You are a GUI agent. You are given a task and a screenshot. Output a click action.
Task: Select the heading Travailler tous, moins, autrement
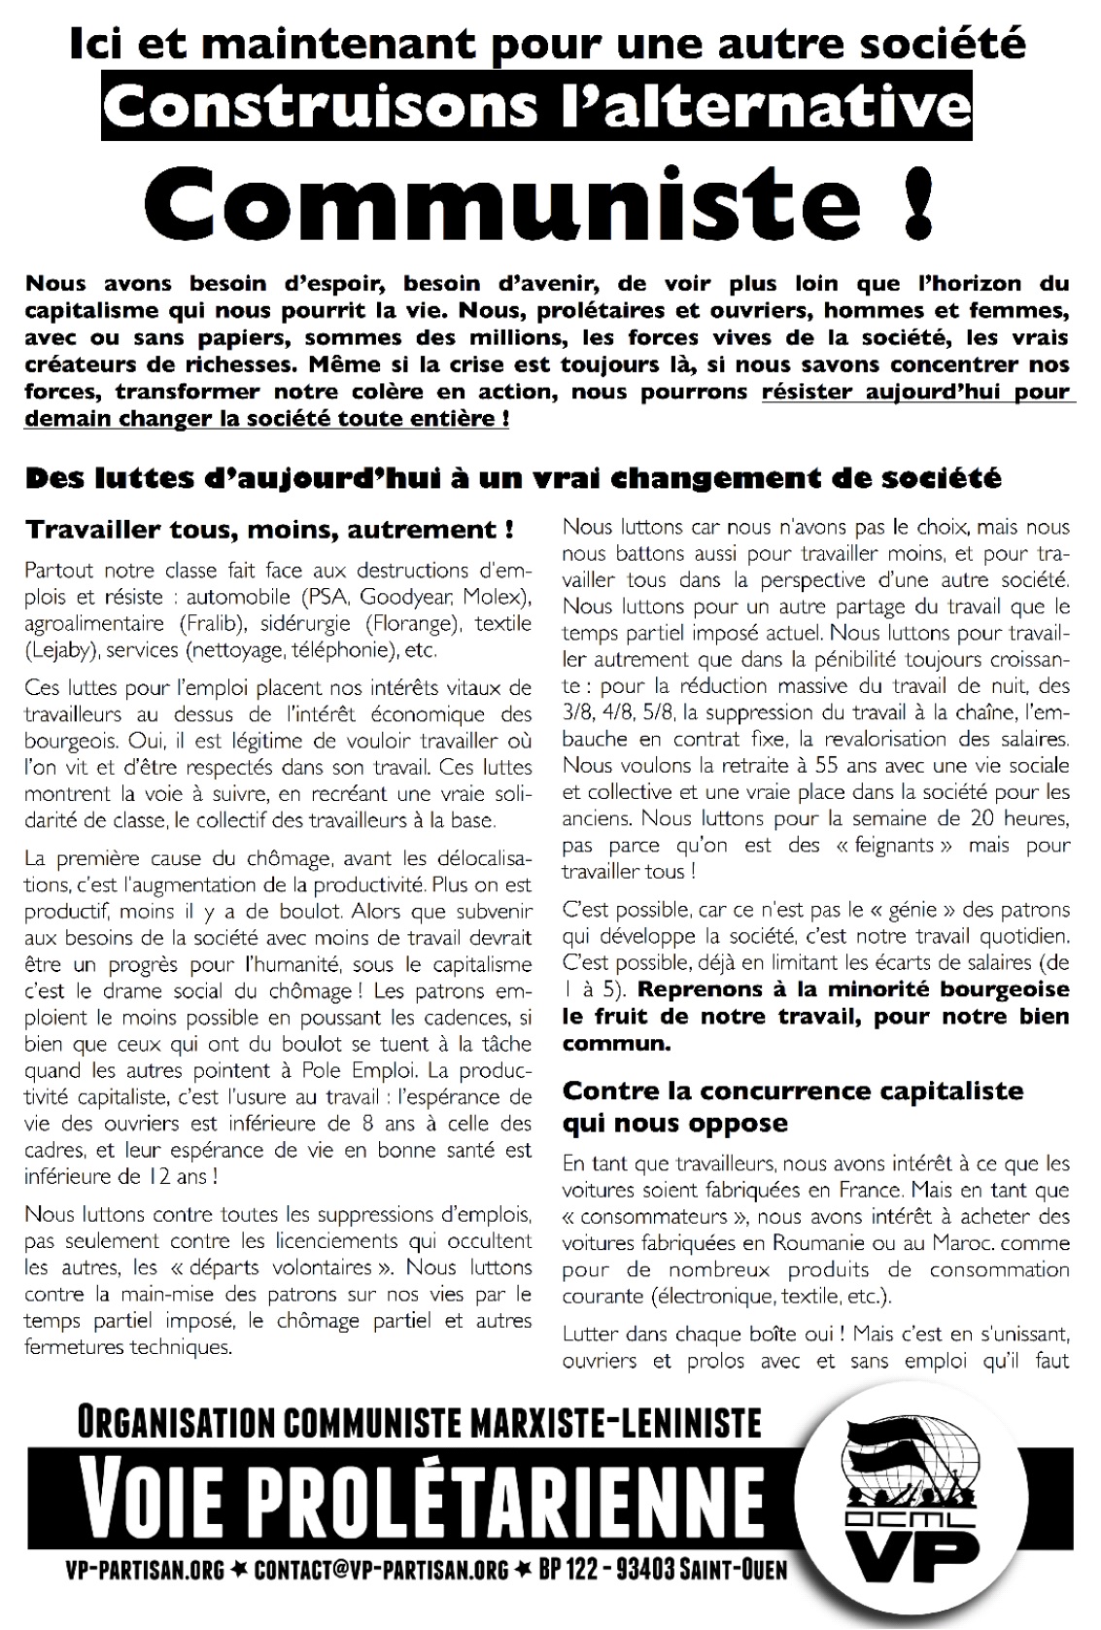click(x=269, y=530)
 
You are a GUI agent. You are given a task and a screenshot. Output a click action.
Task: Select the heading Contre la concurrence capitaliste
click(x=793, y=1091)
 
